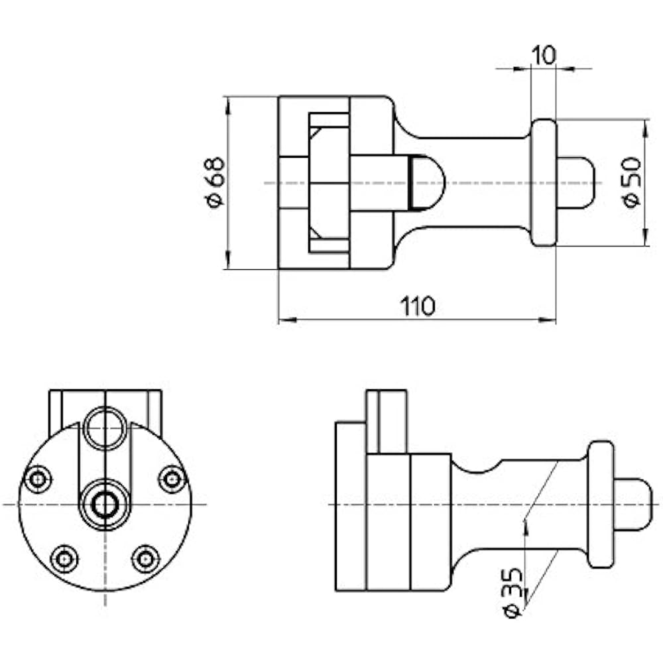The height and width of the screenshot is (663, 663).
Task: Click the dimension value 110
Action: pyautogui.click(x=417, y=306)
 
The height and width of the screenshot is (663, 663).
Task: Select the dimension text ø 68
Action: pyautogui.click(x=215, y=182)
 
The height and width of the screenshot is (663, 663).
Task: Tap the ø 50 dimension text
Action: pyautogui.click(x=632, y=182)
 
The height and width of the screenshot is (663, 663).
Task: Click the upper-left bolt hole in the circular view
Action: pyautogui.click(x=38, y=479)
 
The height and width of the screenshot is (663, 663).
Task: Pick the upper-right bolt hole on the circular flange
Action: pyautogui.click(x=172, y=479)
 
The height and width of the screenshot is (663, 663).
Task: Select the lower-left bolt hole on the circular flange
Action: pyautogui.click(x=64, y=559)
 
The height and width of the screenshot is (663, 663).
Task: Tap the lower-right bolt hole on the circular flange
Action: pyautogui.click(x=145, y=559)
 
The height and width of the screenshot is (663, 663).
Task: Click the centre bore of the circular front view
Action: pyautogui.click(x=105, y=505)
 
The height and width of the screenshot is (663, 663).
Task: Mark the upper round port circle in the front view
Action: pyautogui.click(x=105, y=428)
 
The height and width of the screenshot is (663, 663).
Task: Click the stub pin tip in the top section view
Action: pyautogui.click(x=575, y=182)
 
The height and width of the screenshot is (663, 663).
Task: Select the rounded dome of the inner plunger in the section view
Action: pyautogui.click(x=428, y=182)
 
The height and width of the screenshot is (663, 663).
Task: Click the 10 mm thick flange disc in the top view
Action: pyautogui.click(x=544, y=182)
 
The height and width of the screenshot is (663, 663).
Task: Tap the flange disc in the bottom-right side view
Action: pyautogui.click(x=601, y=505)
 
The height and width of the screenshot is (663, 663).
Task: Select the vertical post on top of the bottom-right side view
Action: pyautogui.click(x=386, y=421)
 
